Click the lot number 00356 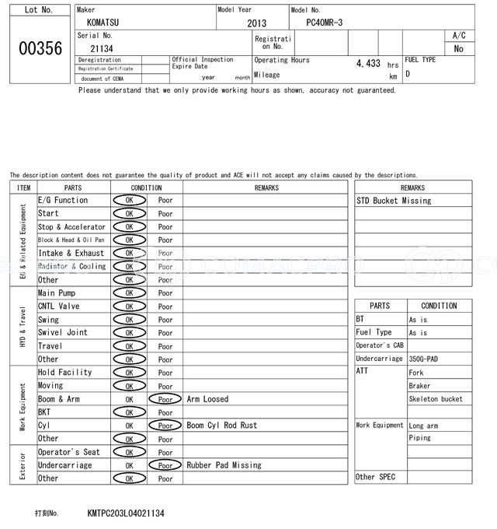(40, 48)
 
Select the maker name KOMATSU (103, 23)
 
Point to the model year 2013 (256, 23)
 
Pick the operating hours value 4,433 (367, 63)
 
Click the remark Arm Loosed (207, 399)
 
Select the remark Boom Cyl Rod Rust (221, 426)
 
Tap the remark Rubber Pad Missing (224, 465)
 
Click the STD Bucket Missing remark (394, 201)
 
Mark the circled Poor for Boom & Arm (165, 399)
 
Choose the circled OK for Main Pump (129, 293)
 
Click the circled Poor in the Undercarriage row (165, 465)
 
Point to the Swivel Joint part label (63, 332)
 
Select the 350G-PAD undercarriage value (427, 359)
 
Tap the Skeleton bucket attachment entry (435, 399)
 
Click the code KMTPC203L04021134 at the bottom (126, 514)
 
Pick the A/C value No (458, 48)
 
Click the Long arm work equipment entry (423, 426)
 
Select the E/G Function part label (63, 200)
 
